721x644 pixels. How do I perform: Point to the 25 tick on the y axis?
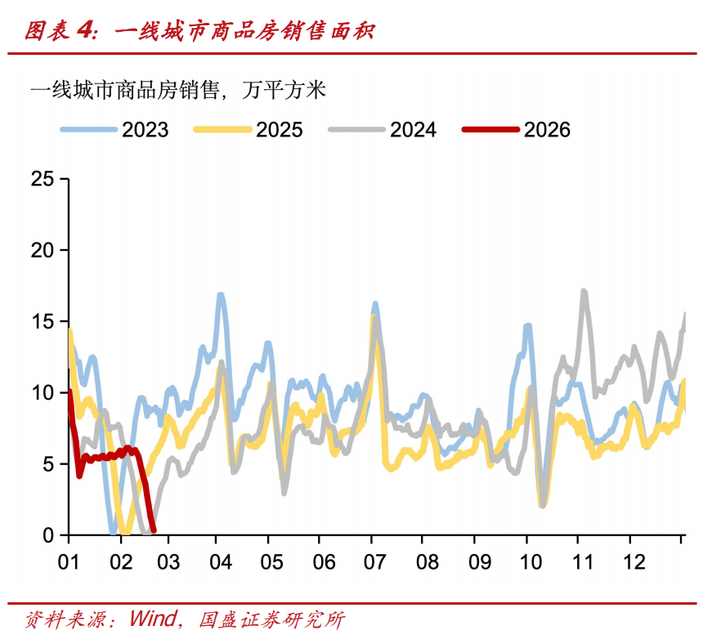click(42, 178)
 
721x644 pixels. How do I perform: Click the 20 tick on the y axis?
click(42, 250)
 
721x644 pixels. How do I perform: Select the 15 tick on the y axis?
click(42, 321)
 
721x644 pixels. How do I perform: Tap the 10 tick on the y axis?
click(42, 392)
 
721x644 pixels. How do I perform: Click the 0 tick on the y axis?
click(48, 535)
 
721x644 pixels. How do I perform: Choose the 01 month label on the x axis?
click(68, 563)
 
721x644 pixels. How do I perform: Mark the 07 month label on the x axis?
click(372, 563)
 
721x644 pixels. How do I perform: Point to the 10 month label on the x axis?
click(527, 563)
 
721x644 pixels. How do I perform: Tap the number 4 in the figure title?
click(85, 30)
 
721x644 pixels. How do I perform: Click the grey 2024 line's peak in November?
click(583, 291)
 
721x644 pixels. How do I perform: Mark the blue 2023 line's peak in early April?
click(221, 295)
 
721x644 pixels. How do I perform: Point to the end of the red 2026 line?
click(154, 530)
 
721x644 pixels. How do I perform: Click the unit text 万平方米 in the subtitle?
click(284, 90)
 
